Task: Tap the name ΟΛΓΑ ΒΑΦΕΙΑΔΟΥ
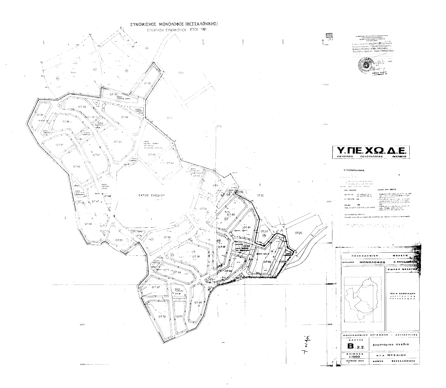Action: click(401, 294)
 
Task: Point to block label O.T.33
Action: click(124, 117)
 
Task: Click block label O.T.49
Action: click(88, 224)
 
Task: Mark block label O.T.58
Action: click(196, 257)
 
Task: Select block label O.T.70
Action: click(162, 317)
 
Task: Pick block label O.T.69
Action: click(198, 303)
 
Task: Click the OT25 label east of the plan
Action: click(299, 233)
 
